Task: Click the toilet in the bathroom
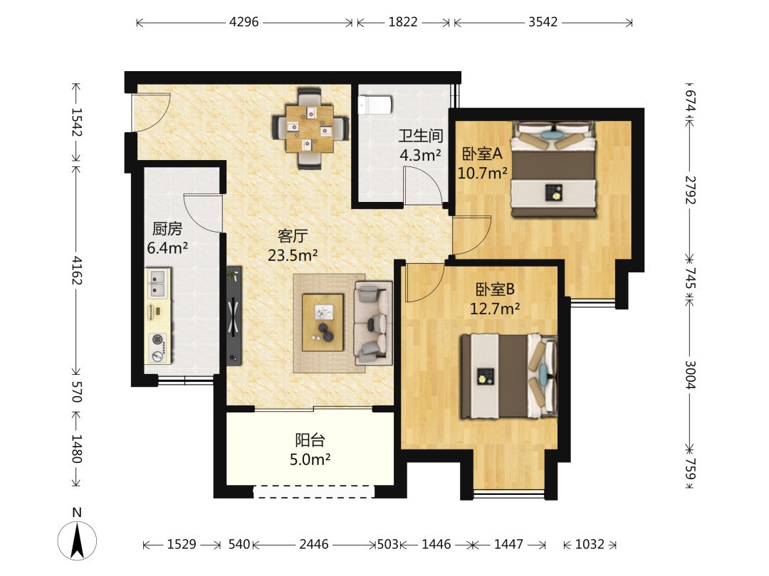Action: [375, 105]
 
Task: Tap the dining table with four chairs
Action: [310, 128]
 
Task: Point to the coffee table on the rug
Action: [323, 322]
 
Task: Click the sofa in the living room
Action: [373, 324]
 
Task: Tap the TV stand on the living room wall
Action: [234, 316]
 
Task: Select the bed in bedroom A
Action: [553, 169]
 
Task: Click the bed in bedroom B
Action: [509, 376]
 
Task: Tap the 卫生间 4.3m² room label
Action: [420, 146]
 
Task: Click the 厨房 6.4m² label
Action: [167, 238]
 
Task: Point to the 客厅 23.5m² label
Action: [293, 245]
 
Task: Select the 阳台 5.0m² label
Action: [310, 449]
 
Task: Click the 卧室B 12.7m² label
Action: [495, 299]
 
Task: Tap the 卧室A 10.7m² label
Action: [483, 163]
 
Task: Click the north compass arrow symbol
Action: [77, 540]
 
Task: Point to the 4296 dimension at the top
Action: [244, 22]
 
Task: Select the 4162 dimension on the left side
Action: [76, 270]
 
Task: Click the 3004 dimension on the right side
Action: [689, 375]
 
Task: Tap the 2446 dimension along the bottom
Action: [314, 544]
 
